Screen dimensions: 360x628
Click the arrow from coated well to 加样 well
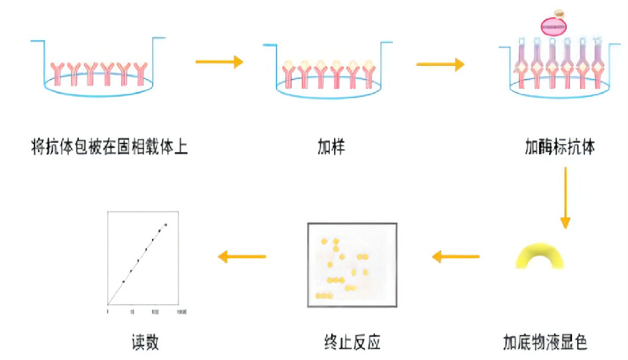tap(219, 62)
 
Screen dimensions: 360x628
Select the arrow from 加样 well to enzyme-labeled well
tap(439, 64)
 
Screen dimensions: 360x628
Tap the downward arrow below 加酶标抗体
tap(565, 198)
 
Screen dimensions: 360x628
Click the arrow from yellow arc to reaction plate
tap(455, 256)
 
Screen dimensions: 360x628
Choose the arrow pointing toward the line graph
tap(242, 256)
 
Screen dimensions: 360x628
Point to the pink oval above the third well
tap(553, 27)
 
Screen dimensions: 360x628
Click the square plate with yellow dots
tap(352, 264)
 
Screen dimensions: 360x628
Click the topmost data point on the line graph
tap(166, 225)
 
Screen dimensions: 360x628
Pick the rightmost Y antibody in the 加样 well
tap(369, 74)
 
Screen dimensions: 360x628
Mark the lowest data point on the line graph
tap(123, 282)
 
